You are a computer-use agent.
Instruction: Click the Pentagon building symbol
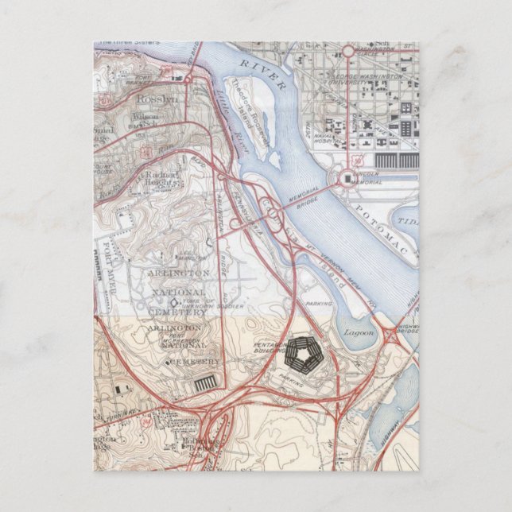(x=302, y=353)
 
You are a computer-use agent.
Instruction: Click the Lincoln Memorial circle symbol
(x=347, y=179)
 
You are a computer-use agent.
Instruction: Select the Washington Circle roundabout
(x=348, y=52)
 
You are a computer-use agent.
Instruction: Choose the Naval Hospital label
(x=323, y=140)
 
